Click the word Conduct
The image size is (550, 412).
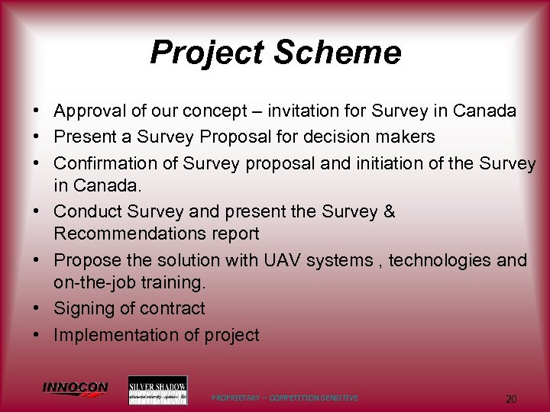[89, 211]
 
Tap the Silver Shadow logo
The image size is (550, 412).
[157, 390]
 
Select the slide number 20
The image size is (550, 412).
[511, 398]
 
